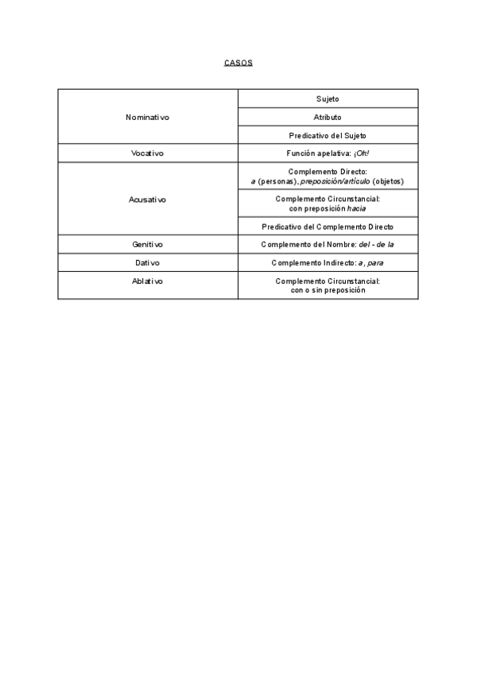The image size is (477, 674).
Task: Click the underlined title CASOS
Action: tap(238, 62)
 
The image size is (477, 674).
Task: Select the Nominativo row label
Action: tap(148, 117)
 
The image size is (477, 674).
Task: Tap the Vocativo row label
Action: tap(148, 153)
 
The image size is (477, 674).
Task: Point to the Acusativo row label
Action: tap(148, 199)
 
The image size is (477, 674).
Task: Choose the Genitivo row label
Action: tap(148, 245)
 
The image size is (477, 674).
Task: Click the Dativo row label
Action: tap(148, 263)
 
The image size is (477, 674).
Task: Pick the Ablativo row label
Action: tap(148, 281)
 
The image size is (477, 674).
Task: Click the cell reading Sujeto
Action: tap(328, 99)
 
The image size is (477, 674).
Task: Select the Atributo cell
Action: tap(328, 117)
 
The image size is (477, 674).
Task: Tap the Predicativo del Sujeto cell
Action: tap(328, 135)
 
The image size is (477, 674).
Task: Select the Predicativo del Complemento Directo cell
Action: tap(328, 227)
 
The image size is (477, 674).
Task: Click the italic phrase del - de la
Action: tap(376, 245)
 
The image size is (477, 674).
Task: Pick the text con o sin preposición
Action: tap(328, 291)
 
